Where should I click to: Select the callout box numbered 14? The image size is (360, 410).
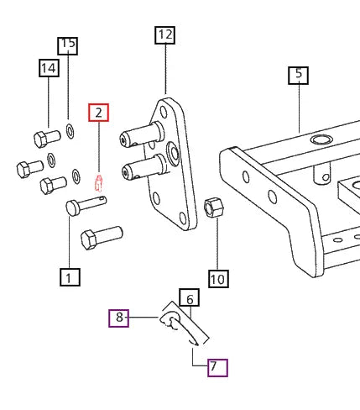click(48, 69)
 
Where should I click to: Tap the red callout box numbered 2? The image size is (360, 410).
click(99, 112)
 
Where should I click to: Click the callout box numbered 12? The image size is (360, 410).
click(164, 35)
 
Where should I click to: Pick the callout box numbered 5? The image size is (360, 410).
click(298, 75)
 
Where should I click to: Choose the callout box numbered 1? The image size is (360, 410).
click(69, 276)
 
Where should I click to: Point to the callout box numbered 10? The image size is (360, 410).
click(217, 279)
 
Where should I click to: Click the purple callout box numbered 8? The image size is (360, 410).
click(119, 318)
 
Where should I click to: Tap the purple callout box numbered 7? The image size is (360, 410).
click(217, 367)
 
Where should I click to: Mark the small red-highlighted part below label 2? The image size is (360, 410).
click(99, 181)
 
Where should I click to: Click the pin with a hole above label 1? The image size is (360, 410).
click(85, 204)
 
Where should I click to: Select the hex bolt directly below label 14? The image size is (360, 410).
click(46, 137)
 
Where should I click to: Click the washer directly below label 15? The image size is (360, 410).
click(68, 130)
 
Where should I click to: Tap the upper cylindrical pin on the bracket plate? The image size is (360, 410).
click(138, 134)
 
